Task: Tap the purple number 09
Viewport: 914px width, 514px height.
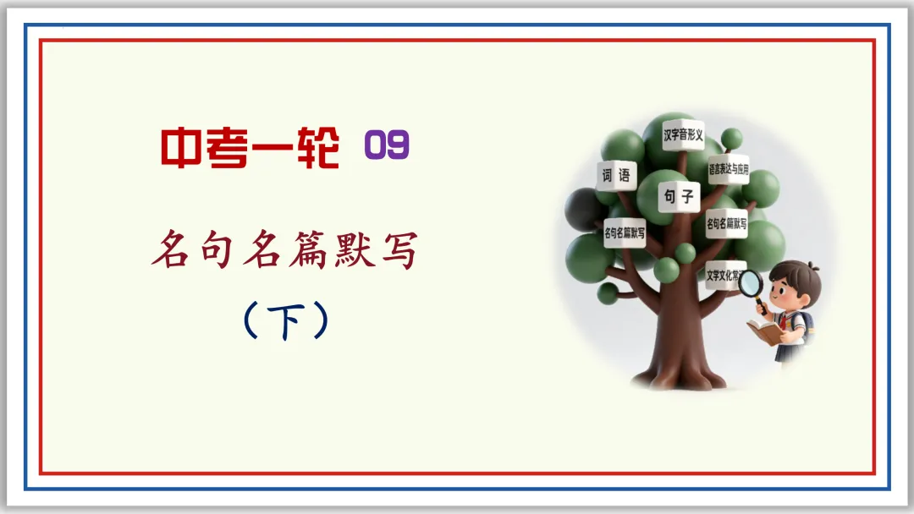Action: [x=387, y=147]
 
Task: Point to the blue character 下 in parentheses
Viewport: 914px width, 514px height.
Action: [x=284, y=321]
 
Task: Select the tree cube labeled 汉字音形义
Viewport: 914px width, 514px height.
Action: [x=683, y=135]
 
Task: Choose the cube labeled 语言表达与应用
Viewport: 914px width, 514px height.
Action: [x=729, y=167]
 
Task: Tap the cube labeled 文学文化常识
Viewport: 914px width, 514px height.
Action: [x=724, y=276]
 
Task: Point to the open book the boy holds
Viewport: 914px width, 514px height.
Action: [x=765, y=331]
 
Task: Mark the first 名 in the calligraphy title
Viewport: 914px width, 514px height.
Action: [x=172, y=251]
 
